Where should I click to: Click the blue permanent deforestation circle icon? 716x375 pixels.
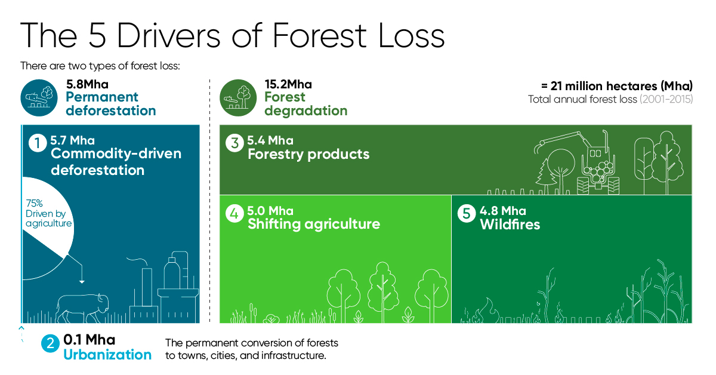[x=39, y=97]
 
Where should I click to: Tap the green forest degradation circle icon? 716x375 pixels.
[x=238, y=97]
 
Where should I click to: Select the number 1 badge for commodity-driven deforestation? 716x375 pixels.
[x=38, y=143]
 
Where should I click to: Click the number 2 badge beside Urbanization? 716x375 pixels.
[x=50, y=343]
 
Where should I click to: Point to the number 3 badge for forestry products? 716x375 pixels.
[x=234, y=143]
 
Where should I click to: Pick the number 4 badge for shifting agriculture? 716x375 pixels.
[x=234, y=213]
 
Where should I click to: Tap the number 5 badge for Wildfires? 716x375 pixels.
[x=467, y=213]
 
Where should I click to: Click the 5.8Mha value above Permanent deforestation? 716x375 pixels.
[x=87, y=84]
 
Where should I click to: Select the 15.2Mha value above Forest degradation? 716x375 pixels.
[x=288, y=84]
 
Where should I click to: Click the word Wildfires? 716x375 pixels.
[x=510, y=225]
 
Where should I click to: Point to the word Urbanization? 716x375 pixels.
[x=107, y=355]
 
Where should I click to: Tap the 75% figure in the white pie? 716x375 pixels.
[x=34, y=203]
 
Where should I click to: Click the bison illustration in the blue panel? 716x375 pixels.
[x=82, y=308]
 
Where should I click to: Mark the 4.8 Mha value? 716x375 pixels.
[x=503, y=211]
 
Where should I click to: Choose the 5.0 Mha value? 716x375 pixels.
[x=270, y=211]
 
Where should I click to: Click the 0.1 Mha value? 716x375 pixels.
[x=89, y=340]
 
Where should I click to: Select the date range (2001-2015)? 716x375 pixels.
[x=666, y=99]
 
